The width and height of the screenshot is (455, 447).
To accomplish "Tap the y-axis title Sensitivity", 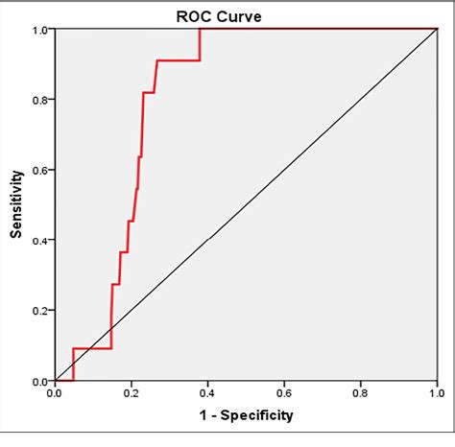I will [16, 204].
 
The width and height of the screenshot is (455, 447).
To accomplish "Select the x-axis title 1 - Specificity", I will [247, 415].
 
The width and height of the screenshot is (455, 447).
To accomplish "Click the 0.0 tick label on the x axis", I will [55, 393].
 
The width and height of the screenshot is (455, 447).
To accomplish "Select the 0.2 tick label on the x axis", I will [131, 393].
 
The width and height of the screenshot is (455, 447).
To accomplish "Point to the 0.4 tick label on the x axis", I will [207, 393].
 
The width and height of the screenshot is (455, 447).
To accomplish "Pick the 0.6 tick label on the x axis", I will [284, 393].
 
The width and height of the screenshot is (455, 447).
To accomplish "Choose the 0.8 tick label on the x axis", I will [360, 393].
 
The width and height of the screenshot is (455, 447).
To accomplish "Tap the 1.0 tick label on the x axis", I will [437, 393].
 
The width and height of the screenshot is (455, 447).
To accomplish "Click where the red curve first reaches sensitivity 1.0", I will [200, 29].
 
